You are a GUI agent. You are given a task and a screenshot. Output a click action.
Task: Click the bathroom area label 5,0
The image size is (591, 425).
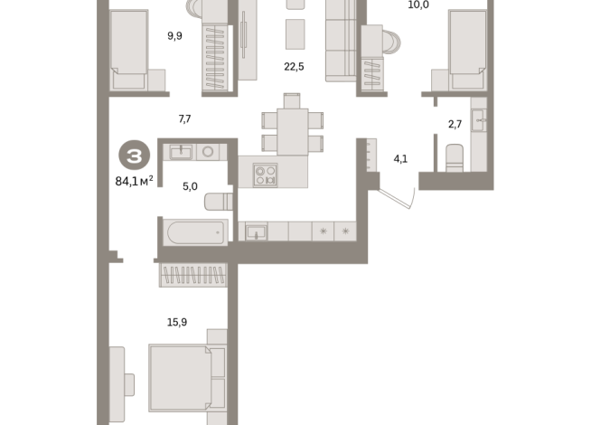pyautogui.click(x=190, y=186)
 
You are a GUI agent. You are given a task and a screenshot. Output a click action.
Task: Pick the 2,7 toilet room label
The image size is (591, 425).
pyautogui.click(x=456, y=126)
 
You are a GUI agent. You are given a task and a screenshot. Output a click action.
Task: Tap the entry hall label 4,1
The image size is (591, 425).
pyautogui.click(x=400, y=159)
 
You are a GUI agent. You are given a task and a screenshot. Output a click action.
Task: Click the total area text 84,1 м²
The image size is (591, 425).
pyautogui.click(x=128, y=179)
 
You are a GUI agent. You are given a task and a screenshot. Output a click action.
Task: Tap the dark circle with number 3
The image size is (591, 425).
pyautogui.click(x=132, y=156)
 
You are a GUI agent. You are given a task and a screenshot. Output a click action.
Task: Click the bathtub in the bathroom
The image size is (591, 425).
pyautogui.click(x=195, y=232)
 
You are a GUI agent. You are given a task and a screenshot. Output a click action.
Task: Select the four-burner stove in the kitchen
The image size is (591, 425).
pyautogui.click(x=265, y=174)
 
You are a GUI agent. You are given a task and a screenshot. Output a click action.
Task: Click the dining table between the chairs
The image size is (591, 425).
pyautogui.click(x=292, y=131)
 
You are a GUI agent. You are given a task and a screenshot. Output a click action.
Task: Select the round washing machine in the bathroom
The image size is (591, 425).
pyautogui.click(x=207, y=152)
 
